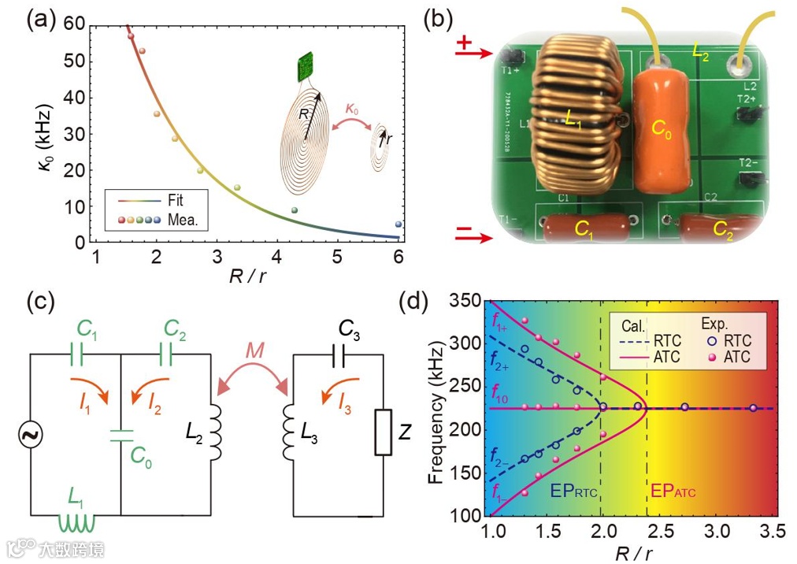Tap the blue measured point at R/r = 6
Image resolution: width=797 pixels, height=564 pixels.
[x=398, y=224]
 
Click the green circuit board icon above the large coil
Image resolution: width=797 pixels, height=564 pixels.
[x=305, y=68]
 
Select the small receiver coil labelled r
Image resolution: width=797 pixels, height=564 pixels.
[x=382, y=142]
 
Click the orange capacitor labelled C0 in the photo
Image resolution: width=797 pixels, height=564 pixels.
[x=662, y=131]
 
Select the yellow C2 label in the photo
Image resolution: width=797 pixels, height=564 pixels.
[x=724, y=229]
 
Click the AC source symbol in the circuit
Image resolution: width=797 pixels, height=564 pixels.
[x=31, y=433]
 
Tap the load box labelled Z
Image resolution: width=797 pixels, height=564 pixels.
[x=384, y=432]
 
